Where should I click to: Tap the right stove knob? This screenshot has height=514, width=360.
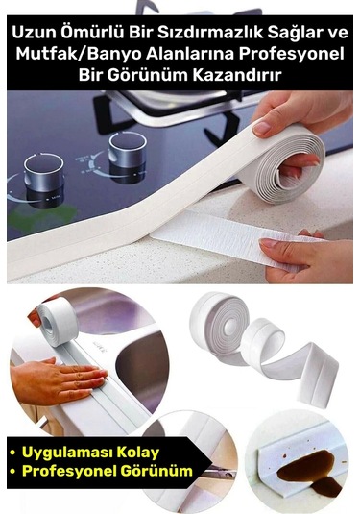click(127, 151)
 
